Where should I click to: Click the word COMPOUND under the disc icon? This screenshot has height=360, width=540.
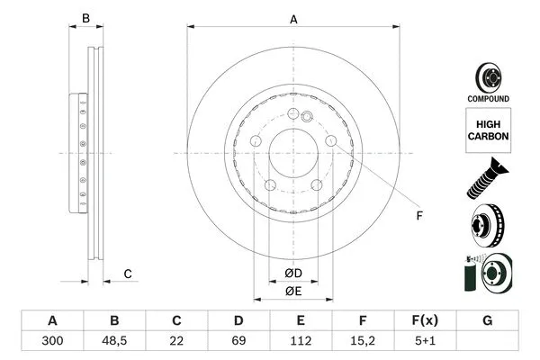488,98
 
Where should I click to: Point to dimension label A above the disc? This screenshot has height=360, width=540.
293,19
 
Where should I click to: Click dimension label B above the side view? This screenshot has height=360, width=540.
86,19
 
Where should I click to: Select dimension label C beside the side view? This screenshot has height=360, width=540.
128,274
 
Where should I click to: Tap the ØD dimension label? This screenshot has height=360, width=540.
293,273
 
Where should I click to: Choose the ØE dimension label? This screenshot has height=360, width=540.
293,291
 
